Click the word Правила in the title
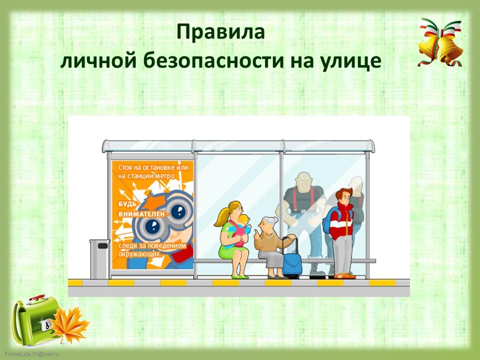tap(220, 32)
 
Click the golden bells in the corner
tap(440, 43)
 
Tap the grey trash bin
tap(99, 259)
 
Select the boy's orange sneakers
tap(344, 276)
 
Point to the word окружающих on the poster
tap(140, 254)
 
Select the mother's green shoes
tap(240, 276)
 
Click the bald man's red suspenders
tap(303, 199)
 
